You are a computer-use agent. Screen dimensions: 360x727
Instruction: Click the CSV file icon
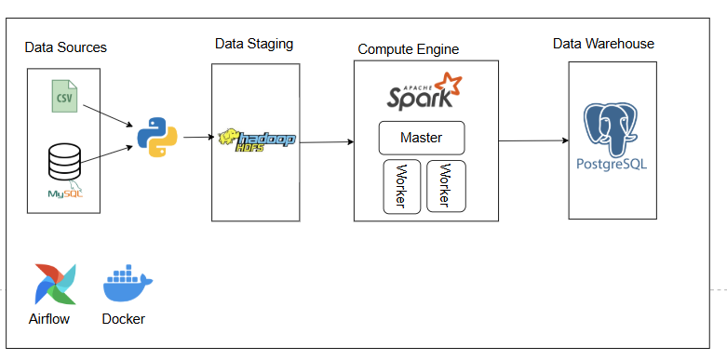pos(64,98)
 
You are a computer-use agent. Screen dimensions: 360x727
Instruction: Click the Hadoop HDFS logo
pos(256,140)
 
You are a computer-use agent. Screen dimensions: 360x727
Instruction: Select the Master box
pos(421,138)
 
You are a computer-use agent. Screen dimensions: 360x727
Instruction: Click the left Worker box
pos(402,186)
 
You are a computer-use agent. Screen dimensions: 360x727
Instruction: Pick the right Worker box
pos(446,186)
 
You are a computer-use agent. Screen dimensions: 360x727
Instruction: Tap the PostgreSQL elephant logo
pos(612,130)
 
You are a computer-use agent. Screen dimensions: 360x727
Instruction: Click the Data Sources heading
pos(65,47)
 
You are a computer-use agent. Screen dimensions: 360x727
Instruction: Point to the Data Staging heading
pos(254,44)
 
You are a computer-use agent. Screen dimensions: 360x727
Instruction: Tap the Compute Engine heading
pos(409,48)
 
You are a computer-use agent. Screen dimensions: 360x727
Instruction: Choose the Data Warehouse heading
pos(603,44)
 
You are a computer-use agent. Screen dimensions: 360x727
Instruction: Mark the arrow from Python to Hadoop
pos(197,138)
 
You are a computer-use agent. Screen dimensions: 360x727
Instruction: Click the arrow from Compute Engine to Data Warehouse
pos(532,140)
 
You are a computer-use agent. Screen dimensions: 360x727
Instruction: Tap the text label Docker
pos(124,319)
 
